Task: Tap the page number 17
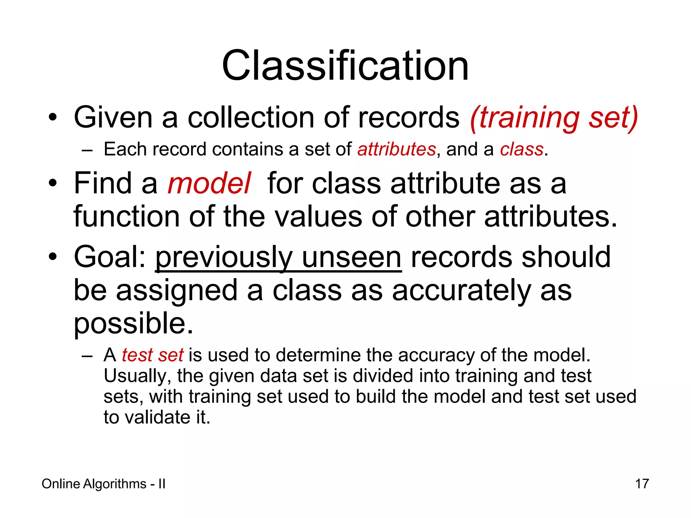tap(642, 484)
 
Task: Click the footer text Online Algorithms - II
tap(104, 484)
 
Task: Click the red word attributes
tap(396, 149)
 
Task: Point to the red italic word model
tap(209, 184)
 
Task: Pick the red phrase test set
tap(153, 355)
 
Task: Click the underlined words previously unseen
tap(278, 258)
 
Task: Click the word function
tap(127, 217)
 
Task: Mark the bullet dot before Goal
tap(52, 257)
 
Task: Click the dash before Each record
tap(87, 150)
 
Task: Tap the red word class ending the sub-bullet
tap(522, 149)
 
